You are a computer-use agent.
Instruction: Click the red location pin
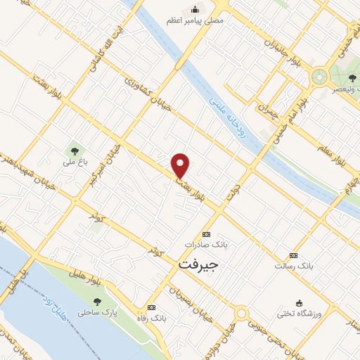[x=181, y=165]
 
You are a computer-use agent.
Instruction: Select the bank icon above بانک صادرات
[x=206, y=234]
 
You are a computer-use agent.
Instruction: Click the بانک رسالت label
[x=294, y=267]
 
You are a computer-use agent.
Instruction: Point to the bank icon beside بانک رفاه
[x=151, y=307]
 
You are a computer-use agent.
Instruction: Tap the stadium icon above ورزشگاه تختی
[x=300, y=302]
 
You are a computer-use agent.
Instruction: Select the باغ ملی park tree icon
[x=73, y=150]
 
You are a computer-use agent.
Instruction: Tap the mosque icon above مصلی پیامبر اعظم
[x=195, y=10]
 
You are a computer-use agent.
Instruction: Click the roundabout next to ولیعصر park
[x=321, y=75]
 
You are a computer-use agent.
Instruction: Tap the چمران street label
[x=269, y=110]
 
